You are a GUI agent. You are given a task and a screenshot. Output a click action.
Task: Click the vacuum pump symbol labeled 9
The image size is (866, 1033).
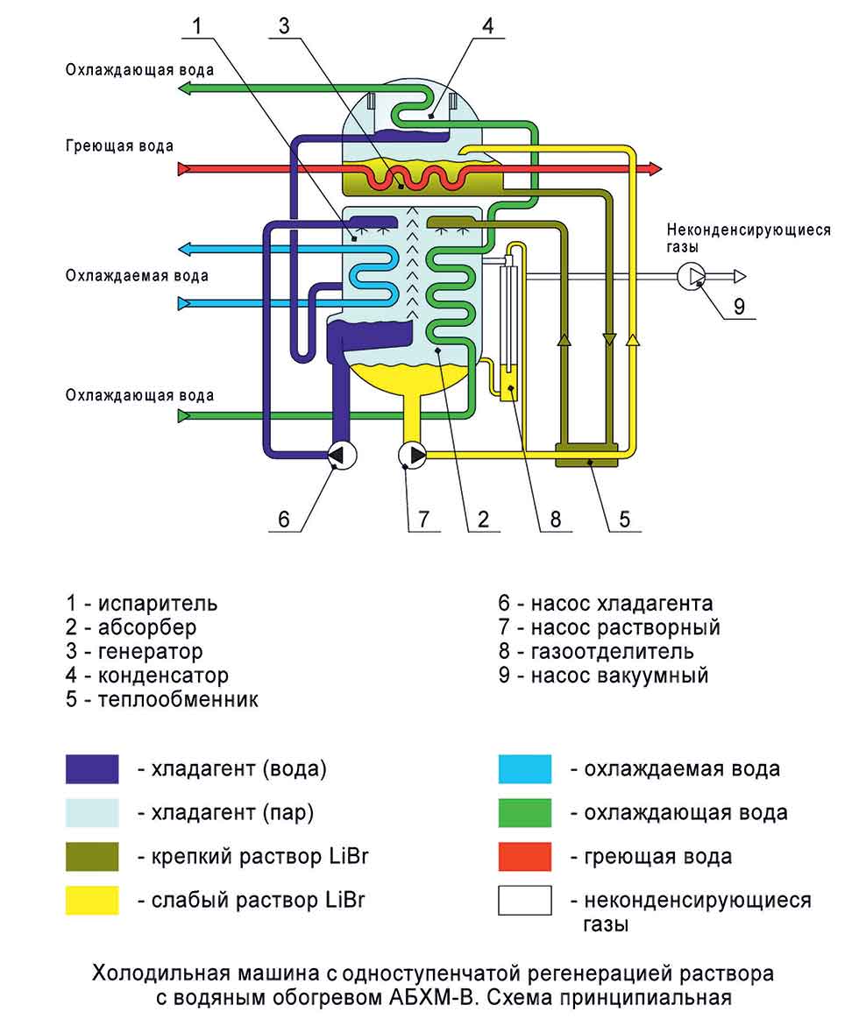[x=692, y=276]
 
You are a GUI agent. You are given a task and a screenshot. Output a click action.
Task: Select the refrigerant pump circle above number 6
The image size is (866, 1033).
[x=341, y=454]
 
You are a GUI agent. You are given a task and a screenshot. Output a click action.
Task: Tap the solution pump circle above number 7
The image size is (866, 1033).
[x=411, y=454]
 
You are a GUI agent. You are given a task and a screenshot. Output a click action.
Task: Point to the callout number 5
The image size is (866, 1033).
[x=624, y=518]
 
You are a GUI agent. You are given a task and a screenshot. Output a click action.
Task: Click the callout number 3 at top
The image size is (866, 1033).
[x=283, y=26]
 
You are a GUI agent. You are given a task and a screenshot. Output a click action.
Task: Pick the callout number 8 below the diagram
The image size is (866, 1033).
[x=554, y=518]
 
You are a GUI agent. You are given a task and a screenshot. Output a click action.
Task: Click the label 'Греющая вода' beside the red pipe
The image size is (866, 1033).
[x=119, y=145]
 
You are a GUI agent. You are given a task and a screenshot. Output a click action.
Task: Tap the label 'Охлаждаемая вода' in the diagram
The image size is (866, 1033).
[x=137, y=276]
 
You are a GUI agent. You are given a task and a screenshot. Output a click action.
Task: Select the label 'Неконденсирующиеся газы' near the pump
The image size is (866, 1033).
[x=748, y=238]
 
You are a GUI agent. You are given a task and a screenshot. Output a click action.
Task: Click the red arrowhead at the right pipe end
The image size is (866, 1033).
[x=655, y=168]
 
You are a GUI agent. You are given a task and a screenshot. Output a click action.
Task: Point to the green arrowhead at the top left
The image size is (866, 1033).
[x=185, y=88]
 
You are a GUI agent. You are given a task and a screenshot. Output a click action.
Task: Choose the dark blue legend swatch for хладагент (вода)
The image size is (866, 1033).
[x=92, y=769]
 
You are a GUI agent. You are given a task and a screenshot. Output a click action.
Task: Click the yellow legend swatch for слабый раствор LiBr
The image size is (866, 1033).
[x=92, y=900]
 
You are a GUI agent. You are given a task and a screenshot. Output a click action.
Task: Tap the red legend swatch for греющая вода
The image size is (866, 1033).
[x=525, y=856]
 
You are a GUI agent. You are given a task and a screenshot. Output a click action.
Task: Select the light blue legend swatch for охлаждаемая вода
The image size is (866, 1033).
[x=525, y=769]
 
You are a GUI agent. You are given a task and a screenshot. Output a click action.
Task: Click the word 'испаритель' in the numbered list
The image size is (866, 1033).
[x=158, y=604]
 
